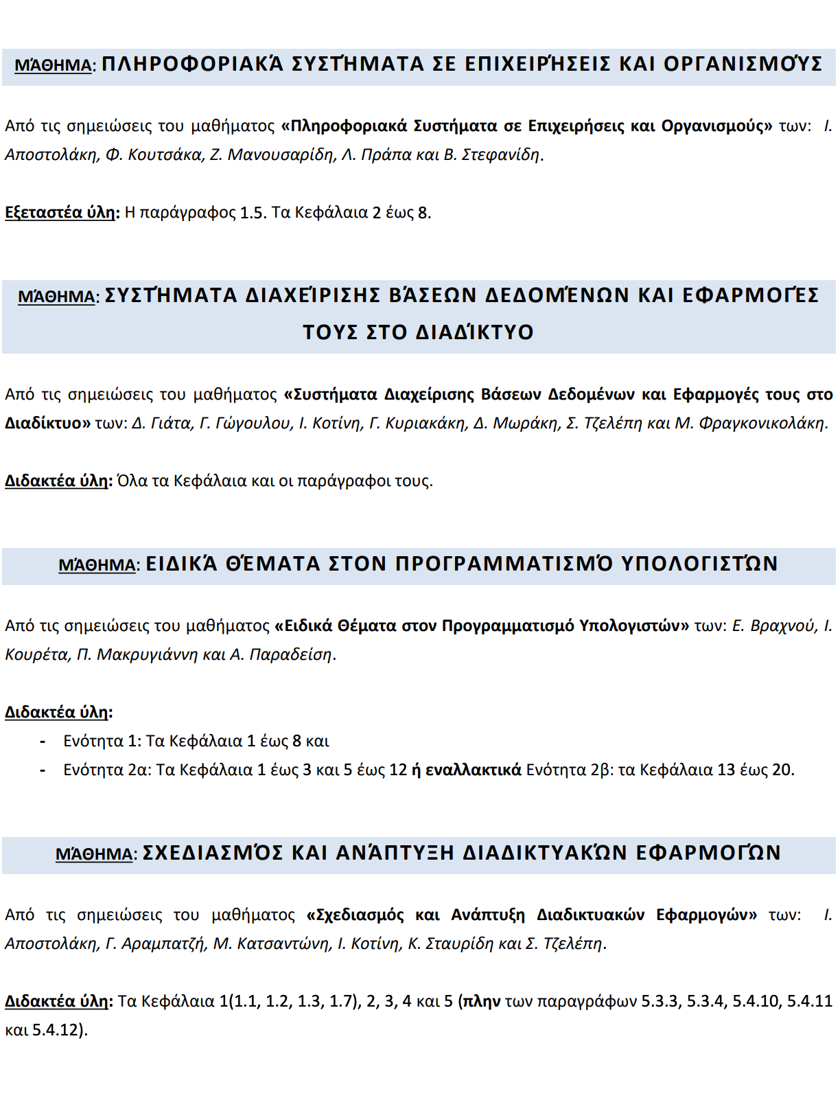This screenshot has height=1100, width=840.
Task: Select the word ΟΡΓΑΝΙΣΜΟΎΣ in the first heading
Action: pyautogui.click(x=744, y=65)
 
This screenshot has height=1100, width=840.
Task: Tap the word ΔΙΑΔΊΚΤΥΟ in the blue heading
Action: pyautogui.click(x=475, y=332)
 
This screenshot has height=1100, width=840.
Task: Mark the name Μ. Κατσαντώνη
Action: pyautogui.click(x=271, y=944)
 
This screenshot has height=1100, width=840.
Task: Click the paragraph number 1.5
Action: pyautogui.click(x=252, y=213)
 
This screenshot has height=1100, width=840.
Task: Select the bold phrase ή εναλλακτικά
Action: pyautogui.click(x=467, y=770)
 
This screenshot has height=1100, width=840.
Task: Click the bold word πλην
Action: pyautogui.click(x=482, y=1002)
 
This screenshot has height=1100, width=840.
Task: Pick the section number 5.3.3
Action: pyautogui.click(x=662, y=1002)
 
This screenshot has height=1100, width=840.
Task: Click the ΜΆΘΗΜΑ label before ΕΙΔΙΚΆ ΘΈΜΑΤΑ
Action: pyautogui.click(x=97, y=566)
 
